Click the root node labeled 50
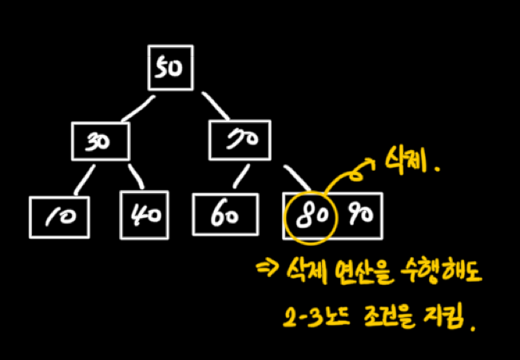tap(170, 69)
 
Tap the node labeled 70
tap(240, 140)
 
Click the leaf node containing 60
tap(226, 216)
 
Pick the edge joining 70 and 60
tap(240, 178)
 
